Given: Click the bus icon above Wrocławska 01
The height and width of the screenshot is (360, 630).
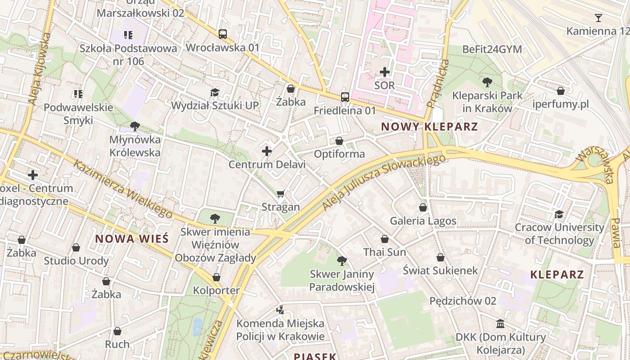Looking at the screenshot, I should (x=222, y=34).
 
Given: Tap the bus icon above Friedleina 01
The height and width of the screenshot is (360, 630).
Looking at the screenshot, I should (x=345, y=97).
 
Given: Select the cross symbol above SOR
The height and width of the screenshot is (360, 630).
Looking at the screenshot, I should (x=385, y=72).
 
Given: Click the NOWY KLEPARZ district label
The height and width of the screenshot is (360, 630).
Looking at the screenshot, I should (x=429, y=127).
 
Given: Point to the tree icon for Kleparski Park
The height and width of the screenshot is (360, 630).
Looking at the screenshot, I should (x=486, y=82).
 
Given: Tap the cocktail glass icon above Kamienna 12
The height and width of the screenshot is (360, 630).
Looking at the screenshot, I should (x=598, y=18).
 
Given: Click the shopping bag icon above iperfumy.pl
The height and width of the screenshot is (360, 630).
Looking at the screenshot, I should (x=560, y=91).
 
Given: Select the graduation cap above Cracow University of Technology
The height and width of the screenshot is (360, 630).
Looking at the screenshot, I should (x=559, y=214).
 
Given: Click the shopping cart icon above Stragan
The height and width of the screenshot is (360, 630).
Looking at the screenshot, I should (x=281, y=193).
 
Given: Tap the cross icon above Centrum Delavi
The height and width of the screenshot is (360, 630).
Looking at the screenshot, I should (x=267, y=151).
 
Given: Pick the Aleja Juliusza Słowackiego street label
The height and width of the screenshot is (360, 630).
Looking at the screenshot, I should (x=384, y=182).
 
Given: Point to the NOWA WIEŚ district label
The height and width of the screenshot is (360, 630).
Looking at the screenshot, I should (x=132, y=238).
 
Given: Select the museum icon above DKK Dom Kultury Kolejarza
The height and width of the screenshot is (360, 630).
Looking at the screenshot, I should (x=500, y=324).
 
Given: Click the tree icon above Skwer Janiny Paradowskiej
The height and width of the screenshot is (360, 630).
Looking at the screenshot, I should (x=342, y=261).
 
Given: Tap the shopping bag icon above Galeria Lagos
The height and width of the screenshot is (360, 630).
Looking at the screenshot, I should (x=423, y=207).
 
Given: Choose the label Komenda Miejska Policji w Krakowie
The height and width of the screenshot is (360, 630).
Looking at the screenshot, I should (x=280, y=330).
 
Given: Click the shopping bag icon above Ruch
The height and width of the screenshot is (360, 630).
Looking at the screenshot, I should (x=117, y=331).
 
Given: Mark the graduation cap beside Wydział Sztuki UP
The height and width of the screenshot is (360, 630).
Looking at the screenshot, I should (x=215, y=92).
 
